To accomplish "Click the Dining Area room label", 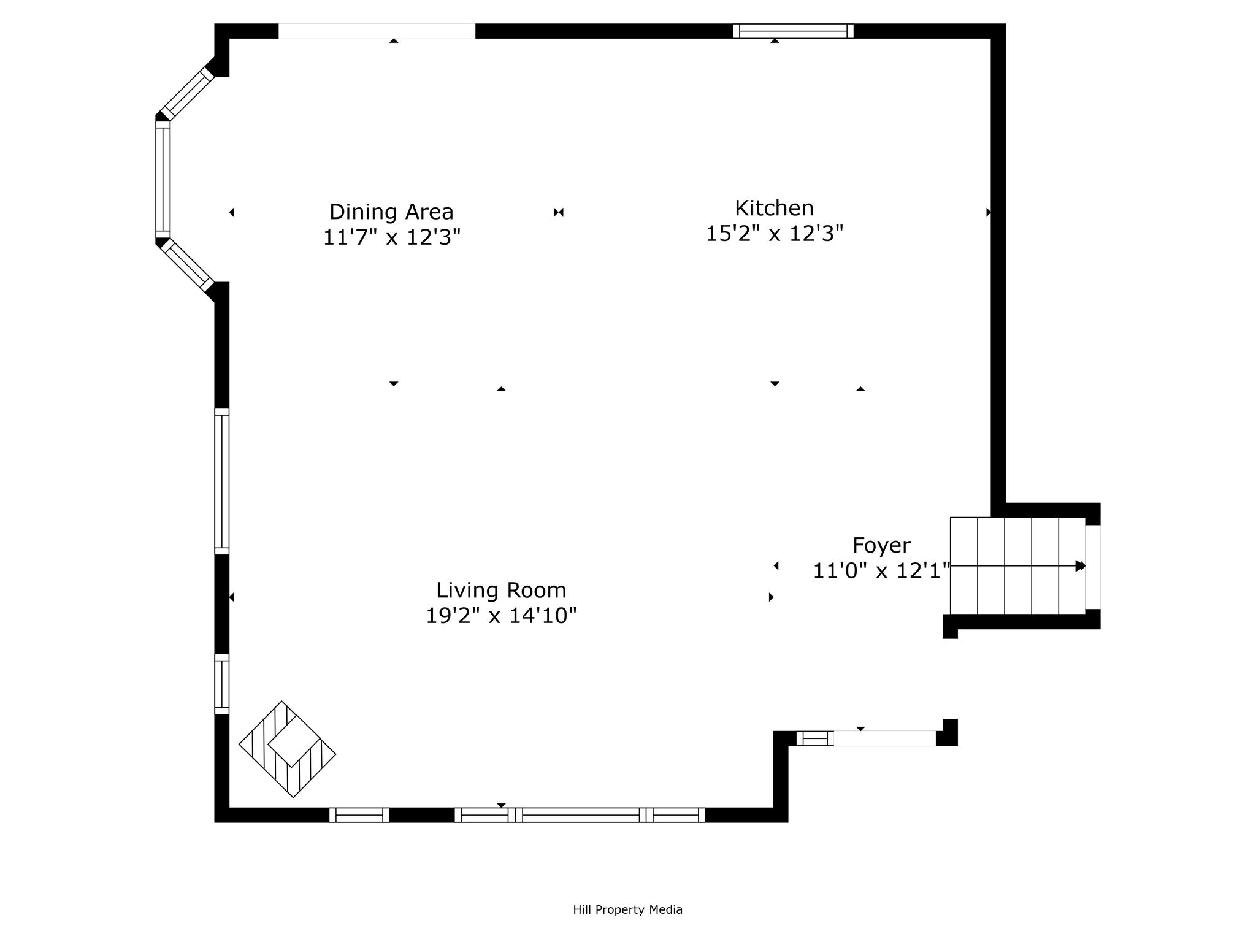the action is click(x=391, y=212).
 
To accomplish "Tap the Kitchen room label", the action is click(x=774, y=209).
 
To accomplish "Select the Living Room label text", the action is click(x=501, y=591).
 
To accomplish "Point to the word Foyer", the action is click(x=881, y=546).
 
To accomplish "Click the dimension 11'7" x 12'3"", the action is click(x=391, y=237).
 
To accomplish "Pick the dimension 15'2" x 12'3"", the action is click(x=774, y=234).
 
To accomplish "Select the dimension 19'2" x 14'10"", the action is click(x=501, y=615).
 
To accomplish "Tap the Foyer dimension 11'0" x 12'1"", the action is click(x=881, y=571).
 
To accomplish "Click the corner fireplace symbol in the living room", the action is click(x=287, y=749).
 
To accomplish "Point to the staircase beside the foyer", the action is click(x=1018, y=565).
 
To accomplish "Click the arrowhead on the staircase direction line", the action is click(x=1081, y=566).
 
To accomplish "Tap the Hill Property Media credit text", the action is click(x=627, y=909).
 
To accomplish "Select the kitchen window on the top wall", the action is click(x=793, y=31).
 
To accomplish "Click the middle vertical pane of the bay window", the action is click(x=163, y=179).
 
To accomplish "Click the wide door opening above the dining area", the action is click(x=377, y=31).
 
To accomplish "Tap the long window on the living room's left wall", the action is click(x=222, y=481).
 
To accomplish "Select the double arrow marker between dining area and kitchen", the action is click(x=558, y=212).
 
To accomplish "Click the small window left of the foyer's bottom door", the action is click(x=815, y=738).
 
